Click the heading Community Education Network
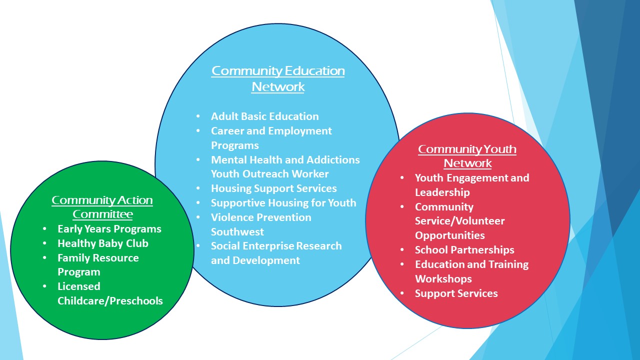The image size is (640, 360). point(278,78)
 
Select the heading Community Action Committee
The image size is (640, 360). point(102,207)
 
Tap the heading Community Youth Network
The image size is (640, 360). point(467,156)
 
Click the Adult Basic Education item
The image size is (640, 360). point(265,116)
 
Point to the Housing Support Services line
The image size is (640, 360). point(273,188)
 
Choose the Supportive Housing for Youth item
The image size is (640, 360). point(283,203)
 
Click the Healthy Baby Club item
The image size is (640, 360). point(103,243)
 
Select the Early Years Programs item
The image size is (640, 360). point(109,229)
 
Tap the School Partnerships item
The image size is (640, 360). point(464,250)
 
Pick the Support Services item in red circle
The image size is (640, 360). point(456,293)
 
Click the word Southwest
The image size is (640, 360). point(237,231)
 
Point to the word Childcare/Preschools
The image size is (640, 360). point(110,301)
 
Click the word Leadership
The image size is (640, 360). point(442,192)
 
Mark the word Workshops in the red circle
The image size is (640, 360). point(443,279)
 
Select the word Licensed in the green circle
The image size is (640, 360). point(79,286)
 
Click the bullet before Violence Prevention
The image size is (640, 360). point(198,217)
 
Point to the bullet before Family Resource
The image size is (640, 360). point(44,257)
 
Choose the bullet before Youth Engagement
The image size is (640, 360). point(402,177)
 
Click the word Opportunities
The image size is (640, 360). point(450,235)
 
